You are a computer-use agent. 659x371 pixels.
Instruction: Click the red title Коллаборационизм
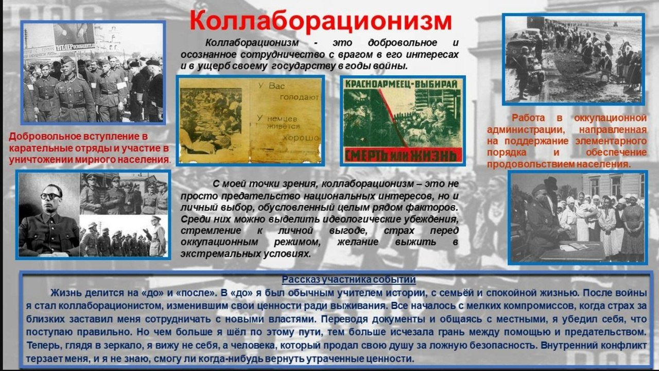(x=320, y=21)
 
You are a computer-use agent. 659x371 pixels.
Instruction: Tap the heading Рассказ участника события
(x=349, y=280)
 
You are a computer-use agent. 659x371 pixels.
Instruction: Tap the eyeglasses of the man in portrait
(x=50, y=196)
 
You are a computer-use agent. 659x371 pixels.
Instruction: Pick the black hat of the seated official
(x=550, y=183)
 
